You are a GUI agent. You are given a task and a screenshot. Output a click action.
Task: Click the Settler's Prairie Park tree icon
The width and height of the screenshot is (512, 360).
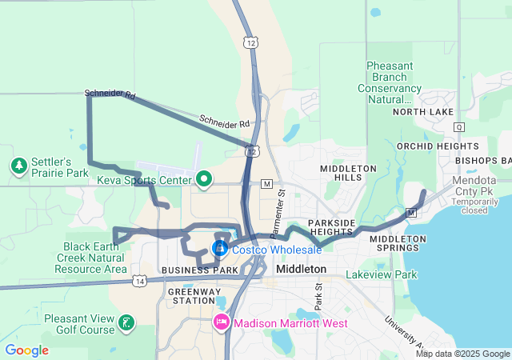(x=18, y=166)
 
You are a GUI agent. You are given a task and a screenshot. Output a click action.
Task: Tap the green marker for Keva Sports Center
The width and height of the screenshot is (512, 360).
(x=203, y=179)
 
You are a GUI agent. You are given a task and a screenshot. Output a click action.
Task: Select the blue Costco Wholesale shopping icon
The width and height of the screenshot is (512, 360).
(x=220, y=249)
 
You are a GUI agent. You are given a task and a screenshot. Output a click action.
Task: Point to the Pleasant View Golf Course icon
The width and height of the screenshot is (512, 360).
(x=126, y=323)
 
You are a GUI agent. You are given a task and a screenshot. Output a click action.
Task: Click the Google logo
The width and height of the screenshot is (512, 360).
(x=26, y=350)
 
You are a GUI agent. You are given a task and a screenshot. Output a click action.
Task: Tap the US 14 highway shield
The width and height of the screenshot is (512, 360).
(x=141, y=281)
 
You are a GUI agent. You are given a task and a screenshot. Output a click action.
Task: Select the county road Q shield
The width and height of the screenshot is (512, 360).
(x=458, y=126)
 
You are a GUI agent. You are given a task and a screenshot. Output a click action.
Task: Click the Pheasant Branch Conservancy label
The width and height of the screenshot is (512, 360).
(x=394, y=82)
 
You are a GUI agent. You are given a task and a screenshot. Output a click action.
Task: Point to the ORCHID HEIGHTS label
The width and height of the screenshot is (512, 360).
(x=437, y=146)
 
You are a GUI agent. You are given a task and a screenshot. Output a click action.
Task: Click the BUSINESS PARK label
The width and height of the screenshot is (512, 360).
(x=200, y=270)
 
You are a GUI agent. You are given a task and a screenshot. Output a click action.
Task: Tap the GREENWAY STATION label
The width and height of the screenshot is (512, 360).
(x=191, y=296)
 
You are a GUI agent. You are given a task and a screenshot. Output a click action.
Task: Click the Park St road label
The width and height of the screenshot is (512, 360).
(x=318, y=296)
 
